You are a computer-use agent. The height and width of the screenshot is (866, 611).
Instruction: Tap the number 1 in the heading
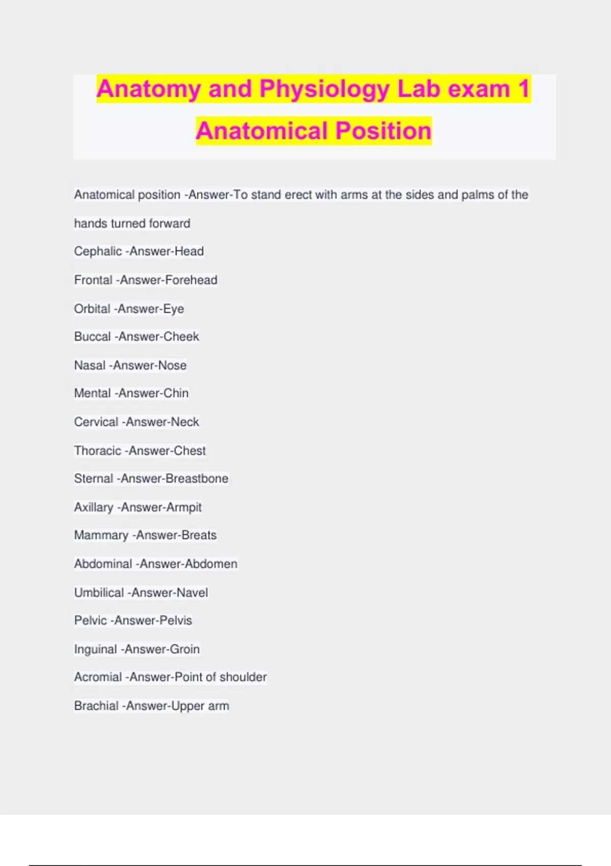(x=523, y=89)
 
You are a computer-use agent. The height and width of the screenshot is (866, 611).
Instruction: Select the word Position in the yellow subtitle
(x=383, y=131)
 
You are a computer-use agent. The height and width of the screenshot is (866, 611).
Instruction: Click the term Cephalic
(x=98, y=251)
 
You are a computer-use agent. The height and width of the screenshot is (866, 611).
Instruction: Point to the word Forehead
(x=191, y=280)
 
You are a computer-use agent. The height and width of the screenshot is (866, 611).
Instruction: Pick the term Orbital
(x=92, y=309)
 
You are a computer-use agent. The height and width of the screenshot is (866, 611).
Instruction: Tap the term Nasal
(x=90, y=365)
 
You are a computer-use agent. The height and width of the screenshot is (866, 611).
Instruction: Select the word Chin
(x=176, y=393)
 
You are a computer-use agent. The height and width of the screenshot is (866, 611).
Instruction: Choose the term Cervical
(x=96, y=422)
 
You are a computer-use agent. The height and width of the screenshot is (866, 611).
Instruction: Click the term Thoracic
(x=98, y=450)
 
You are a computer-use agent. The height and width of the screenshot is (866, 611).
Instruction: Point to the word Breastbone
(x=197, y=478)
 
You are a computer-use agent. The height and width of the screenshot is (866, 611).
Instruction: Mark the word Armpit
(x=181, y=507)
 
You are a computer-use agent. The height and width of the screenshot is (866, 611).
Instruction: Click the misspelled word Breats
(x=196, y=535)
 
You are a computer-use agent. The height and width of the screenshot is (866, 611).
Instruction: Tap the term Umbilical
(x=99, y=592)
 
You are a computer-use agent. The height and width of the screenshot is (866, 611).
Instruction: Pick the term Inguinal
(x=96, y=649)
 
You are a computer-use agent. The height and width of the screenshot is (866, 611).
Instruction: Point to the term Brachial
(x=96, y=706)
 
